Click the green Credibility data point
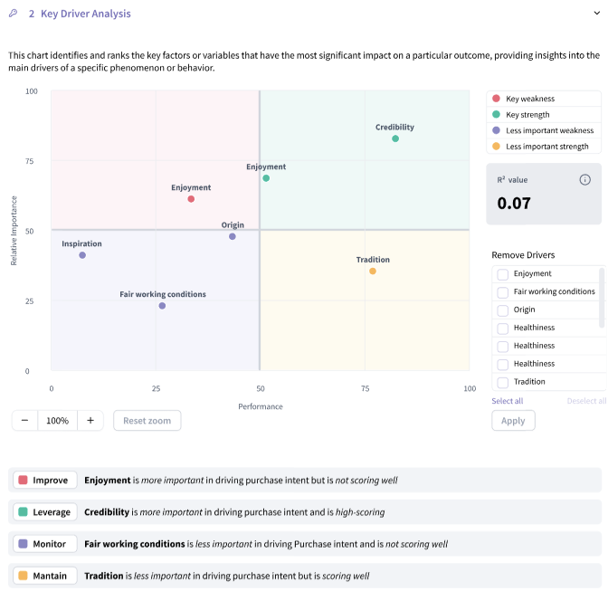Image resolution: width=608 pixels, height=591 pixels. click(x=395, y=138)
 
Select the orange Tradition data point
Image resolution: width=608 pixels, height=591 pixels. click(x=372, y=271)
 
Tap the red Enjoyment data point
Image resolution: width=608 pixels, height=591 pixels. click(x=191, y=199)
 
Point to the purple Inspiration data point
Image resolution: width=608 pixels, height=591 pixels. click(x=82, y=255)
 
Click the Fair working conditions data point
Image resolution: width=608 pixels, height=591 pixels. click(x=162, y=306)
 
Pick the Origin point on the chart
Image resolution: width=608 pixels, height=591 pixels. click(x=233, y=236)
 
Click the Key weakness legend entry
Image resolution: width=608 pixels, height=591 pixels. click(x=529, y=99)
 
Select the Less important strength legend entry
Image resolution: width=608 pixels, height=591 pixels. click(x=546, y=146)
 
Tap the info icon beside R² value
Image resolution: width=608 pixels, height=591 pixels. click(x=584, y=179)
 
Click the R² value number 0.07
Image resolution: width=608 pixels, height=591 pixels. click(x=514, y=204)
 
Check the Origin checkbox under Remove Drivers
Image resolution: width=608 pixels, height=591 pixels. click(x=502, y=310)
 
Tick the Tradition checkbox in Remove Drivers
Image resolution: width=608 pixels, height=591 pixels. click(x=502, y=382)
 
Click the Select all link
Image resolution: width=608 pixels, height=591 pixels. click(x=507, y=401)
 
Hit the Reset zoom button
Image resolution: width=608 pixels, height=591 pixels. click(x=147, y=421)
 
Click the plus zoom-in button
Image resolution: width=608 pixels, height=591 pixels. click(x=90, y=421)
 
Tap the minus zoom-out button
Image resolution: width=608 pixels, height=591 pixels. click(x=24, y=421)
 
